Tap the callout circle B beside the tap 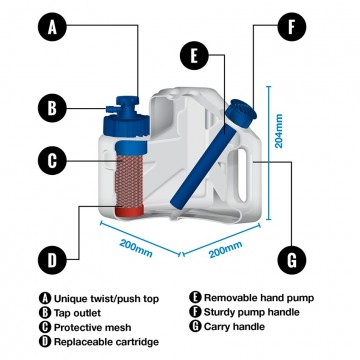click(53, 107)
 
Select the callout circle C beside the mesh click(53, 159)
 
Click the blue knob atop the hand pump click(240, 110)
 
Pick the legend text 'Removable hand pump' click(255, 297)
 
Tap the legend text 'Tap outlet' click(76, 311)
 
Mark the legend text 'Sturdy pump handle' click(251, 311)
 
